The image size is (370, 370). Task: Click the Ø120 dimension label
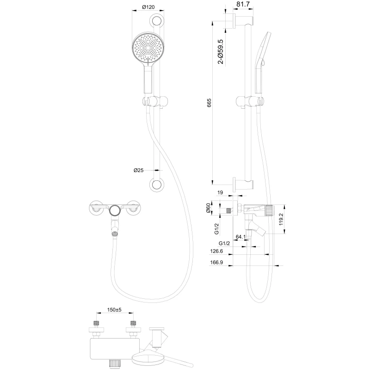[148, 7]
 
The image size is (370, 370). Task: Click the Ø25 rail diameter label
[139, 170]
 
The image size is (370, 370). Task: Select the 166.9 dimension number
[216, 262]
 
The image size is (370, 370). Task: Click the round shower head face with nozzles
[148, 48]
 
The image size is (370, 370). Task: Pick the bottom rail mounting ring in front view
[157, 185]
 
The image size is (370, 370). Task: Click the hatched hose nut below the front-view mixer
[114, 234]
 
